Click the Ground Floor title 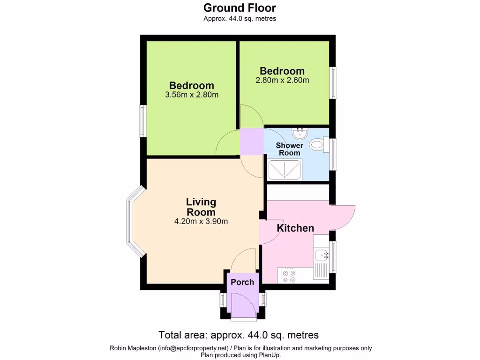(240, 8)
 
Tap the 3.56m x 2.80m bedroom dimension (192, 95)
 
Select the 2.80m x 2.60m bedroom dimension (282, 80)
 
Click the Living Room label (201, 207)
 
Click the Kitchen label (295, 228)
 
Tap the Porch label (242, 282)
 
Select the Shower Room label (289, 149)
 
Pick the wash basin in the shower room (298, 134)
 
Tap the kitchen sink (322, 255)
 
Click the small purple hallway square (251, 142)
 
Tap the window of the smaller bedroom (333, 82)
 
